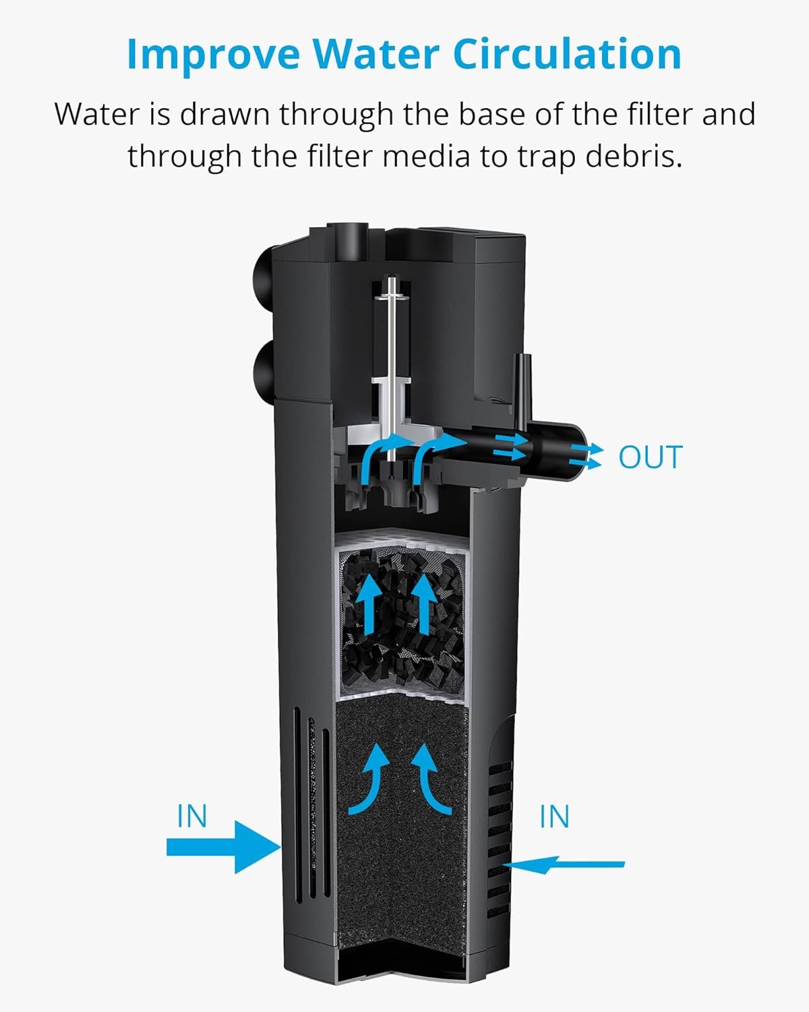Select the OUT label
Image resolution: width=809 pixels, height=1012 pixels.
click(650, 457)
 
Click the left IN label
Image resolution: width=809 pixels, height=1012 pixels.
click(192, 816)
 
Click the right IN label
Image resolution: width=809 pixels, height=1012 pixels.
click(554, 816)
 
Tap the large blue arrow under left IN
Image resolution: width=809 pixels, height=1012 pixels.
click(222, 847)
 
